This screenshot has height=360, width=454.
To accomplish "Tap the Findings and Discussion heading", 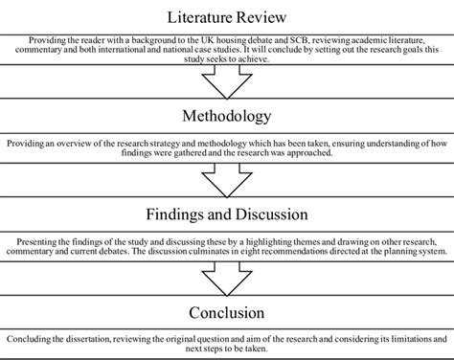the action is click(x=227, y=213).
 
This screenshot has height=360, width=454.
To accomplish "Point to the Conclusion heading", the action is click(x=227, y=312).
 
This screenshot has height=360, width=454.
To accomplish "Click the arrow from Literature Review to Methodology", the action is click(x=227, y=84).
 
